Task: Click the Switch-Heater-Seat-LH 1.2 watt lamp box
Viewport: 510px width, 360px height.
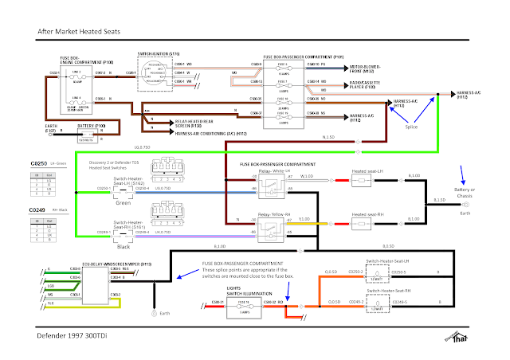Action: (x=374, y=272)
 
